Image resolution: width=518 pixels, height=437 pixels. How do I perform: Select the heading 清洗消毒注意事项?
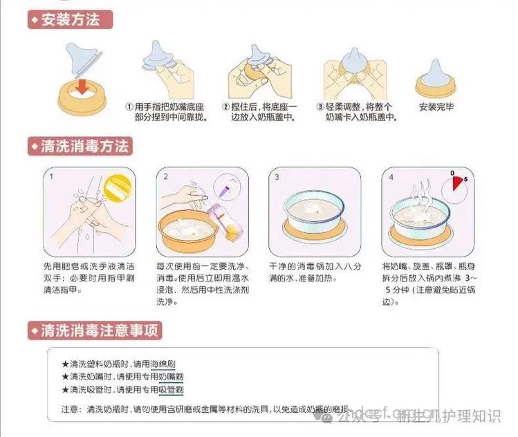pyautogui.click(x=100, y=331)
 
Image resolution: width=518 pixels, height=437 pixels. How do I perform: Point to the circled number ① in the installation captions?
pyautogui.click(x=129, y=107)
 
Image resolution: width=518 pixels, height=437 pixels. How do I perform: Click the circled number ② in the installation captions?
pyautogui.click(x=226, y=107)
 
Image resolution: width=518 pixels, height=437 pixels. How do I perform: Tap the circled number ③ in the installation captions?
pyautogui.click(x=320, y=107)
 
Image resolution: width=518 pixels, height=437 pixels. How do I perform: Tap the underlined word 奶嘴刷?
pyautogui.click(x=171, y=378)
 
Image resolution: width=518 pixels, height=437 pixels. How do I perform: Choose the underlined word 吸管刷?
pyautogui.click(x=171, y=391)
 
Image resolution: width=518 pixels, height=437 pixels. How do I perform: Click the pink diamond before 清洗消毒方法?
pyautogui.click(x=33, y=147)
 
